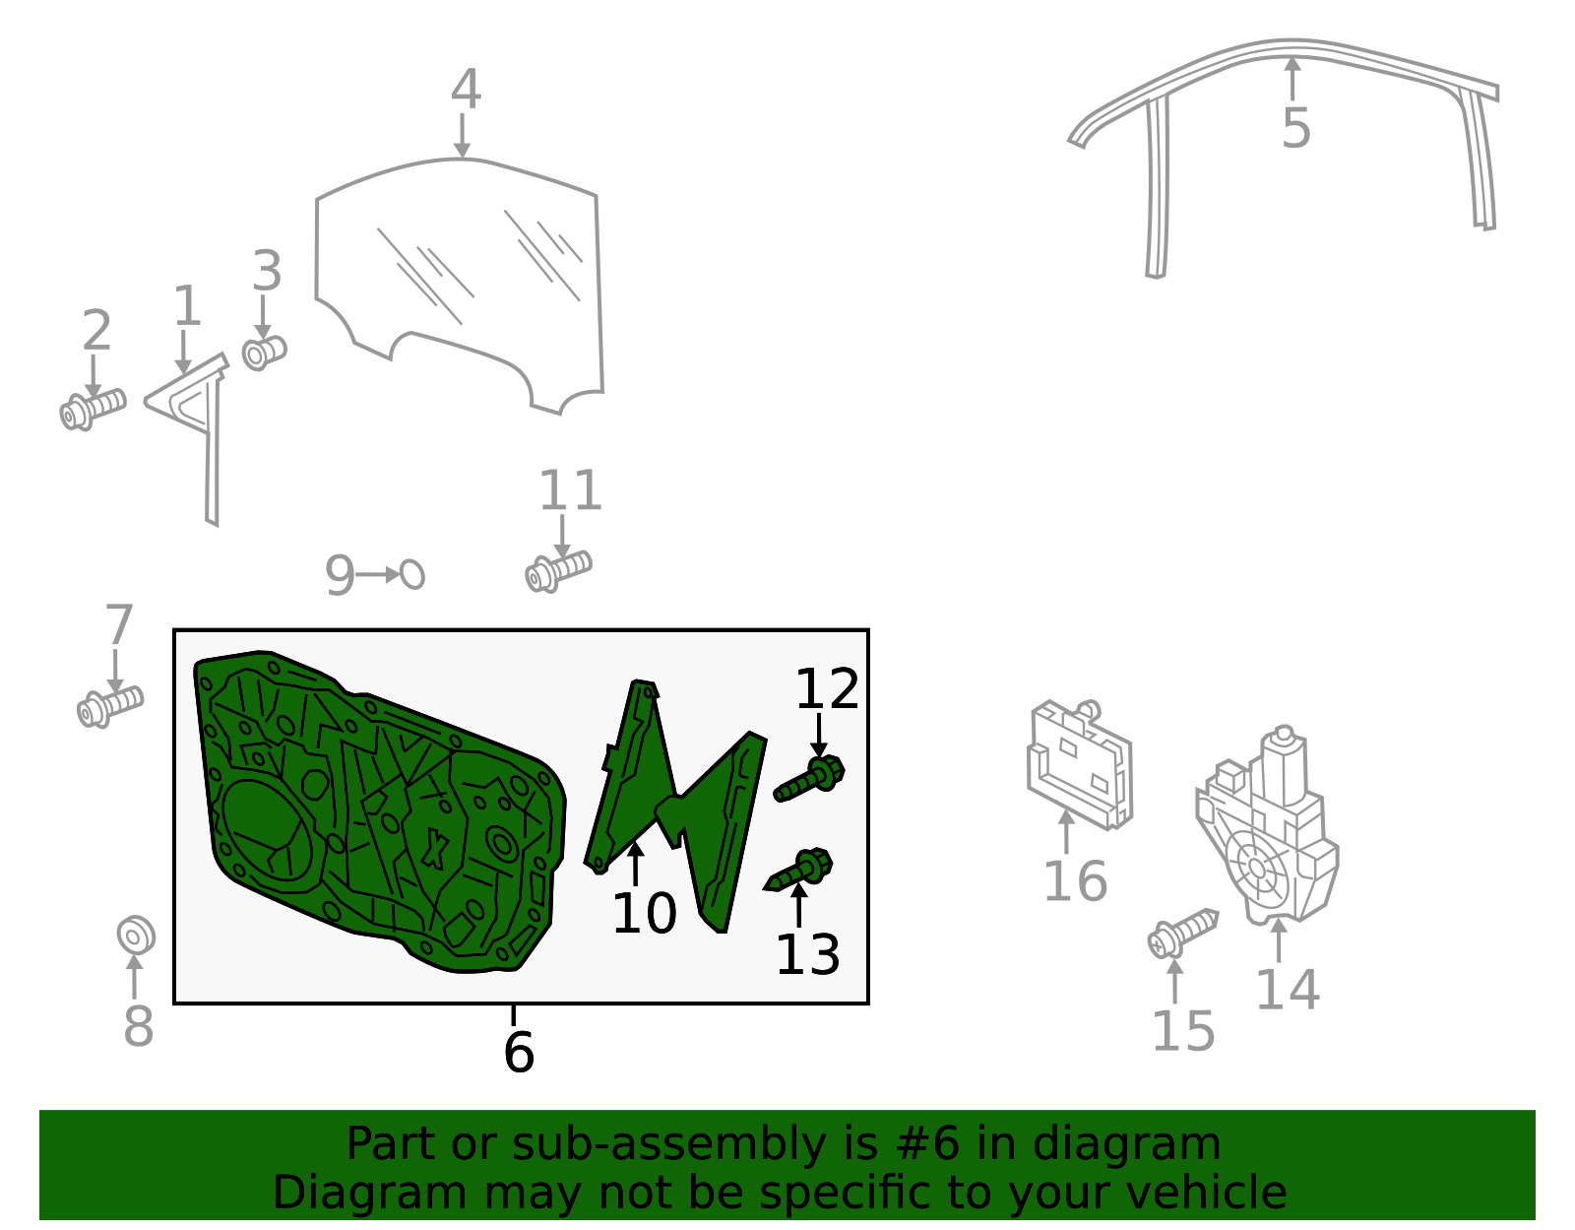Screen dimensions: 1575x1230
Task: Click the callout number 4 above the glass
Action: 466,90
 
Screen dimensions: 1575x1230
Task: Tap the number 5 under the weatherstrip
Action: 1296,129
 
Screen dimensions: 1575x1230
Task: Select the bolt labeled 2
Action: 93,410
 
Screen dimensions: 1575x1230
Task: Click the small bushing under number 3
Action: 264,354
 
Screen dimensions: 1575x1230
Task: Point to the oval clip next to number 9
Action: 411,575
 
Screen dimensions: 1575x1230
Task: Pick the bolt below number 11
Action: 558,572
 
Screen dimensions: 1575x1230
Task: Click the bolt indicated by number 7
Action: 110,706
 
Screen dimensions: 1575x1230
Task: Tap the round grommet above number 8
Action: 136,936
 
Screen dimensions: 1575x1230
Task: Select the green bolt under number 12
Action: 809,779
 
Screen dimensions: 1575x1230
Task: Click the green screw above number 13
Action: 798,871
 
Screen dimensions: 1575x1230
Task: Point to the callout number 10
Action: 645,913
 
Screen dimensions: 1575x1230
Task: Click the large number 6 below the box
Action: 519,1052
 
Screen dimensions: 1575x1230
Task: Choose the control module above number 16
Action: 1080,765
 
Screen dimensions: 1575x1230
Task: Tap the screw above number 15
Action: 1183,935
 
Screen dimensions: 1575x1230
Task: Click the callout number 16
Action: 1076,882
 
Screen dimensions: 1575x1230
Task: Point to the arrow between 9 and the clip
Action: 378,575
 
